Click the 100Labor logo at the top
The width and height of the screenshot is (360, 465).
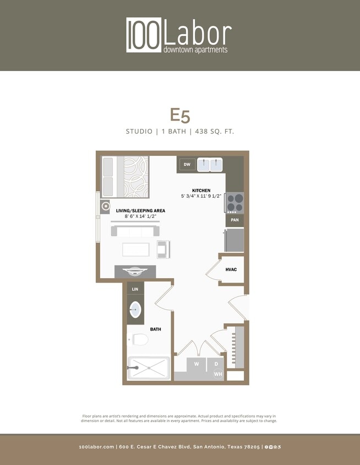coord(179,35)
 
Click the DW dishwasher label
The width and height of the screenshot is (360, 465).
coord(187,164)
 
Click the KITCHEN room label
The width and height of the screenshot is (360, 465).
coord(201,190)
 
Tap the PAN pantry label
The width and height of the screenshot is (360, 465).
coord(234,220)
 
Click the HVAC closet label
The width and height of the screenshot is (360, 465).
coord(232,270)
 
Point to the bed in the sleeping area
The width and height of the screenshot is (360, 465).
coord(124,176)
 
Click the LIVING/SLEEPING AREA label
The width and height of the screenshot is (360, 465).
coord(140,211)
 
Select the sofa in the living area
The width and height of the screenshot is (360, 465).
coord(135,231)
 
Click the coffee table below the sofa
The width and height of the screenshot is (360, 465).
coord(135,250)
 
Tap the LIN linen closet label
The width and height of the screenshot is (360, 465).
coord(135,289)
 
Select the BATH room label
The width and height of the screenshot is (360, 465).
coord(156,329)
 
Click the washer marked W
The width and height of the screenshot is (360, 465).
coord(196,364)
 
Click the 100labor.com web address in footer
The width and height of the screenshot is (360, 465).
coord(97,447)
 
